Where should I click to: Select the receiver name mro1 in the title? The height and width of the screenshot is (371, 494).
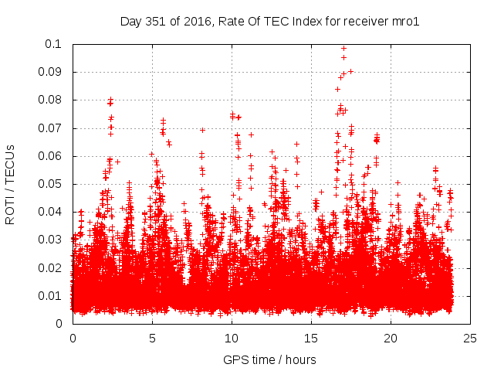click(405, 22)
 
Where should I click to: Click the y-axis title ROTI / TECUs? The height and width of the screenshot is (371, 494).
click(10, 184)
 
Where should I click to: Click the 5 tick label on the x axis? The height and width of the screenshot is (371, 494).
click(152, 338)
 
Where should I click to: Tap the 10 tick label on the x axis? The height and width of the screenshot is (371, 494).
click(232, 338)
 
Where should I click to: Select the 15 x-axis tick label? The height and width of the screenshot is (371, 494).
click(311, 338)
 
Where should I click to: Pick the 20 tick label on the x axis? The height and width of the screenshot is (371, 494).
click(391, 338)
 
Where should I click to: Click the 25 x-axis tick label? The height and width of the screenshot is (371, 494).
click(470, 338)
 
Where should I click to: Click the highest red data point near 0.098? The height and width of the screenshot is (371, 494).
click(343, 48)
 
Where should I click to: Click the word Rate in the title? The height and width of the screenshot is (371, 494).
click(232, 22)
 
